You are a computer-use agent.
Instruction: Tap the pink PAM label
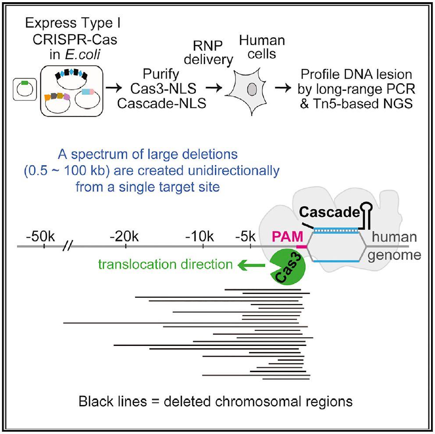(x=287, y=237)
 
